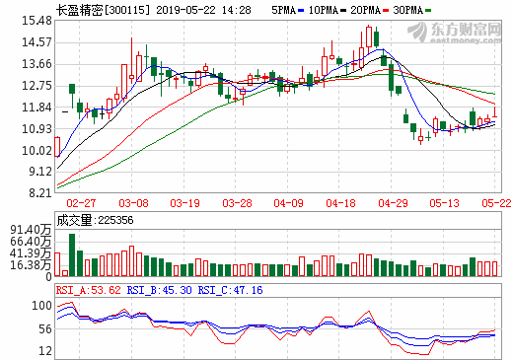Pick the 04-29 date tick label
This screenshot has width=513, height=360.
pos(395,201)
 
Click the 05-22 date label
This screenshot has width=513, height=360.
pos(495,201)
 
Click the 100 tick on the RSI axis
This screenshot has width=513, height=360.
pos(40,305)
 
